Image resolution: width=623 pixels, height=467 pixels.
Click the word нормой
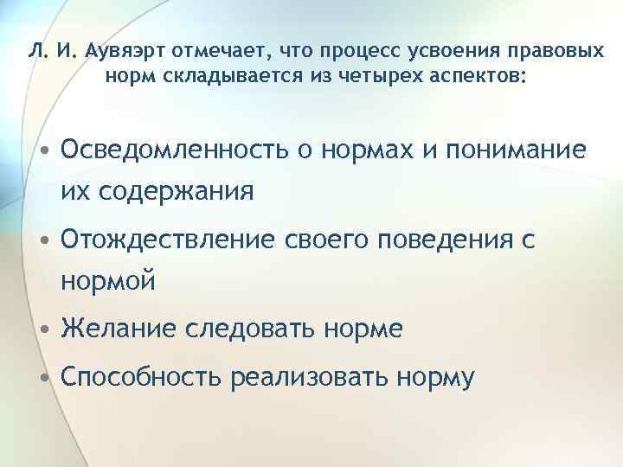tap(109, 279)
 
